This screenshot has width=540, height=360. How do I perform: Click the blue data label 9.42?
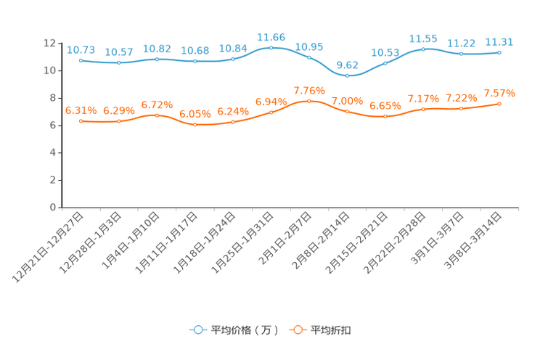[x=348, y=63]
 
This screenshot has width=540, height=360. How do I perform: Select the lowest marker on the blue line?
[x=348, y=75]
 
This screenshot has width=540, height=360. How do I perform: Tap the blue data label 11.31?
[x=499, y=41]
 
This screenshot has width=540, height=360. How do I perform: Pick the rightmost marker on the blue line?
[x=499, y=52]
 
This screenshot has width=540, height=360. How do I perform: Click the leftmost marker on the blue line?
[x=81, y=60]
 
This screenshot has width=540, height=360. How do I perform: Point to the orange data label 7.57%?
[x=499, y=94]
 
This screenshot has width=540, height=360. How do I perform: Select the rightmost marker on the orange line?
[x=499, y=104]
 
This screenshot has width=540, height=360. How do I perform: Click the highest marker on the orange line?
[x=309, y=101]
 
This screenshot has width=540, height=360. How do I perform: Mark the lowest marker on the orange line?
[x=195, y=125]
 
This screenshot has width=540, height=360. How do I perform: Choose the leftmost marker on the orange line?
[x=81, y=120]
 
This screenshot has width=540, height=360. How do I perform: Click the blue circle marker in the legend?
[x=198, y=330]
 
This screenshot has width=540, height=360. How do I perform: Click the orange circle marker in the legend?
[x=297, y=330]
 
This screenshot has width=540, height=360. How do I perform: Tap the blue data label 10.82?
[x=157, y=49]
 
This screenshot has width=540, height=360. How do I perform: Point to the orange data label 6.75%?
[x=157, y=105]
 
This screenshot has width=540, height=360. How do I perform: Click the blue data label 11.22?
[x=461, y=43]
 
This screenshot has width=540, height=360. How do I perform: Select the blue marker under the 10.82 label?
[x=157, y=59]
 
